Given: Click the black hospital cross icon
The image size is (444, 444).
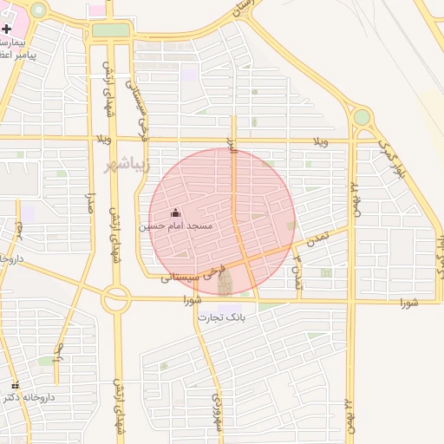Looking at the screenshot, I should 7,29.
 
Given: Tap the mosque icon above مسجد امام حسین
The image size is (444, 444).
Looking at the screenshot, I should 176,213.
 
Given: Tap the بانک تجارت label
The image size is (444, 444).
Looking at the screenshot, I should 222,317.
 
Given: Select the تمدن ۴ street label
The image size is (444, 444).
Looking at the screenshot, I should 297,271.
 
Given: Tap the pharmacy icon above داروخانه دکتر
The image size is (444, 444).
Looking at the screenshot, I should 14,385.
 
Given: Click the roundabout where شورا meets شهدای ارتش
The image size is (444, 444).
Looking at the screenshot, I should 115,300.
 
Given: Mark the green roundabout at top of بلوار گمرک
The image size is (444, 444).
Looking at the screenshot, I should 362,116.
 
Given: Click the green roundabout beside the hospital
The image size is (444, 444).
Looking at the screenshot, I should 38,10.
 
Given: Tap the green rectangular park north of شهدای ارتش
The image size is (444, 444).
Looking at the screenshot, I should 110,30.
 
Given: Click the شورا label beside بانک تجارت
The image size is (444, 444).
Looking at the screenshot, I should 193,300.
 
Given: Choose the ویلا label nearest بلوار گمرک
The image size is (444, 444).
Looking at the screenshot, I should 321,140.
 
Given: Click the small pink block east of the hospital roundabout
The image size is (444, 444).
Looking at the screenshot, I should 97,9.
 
